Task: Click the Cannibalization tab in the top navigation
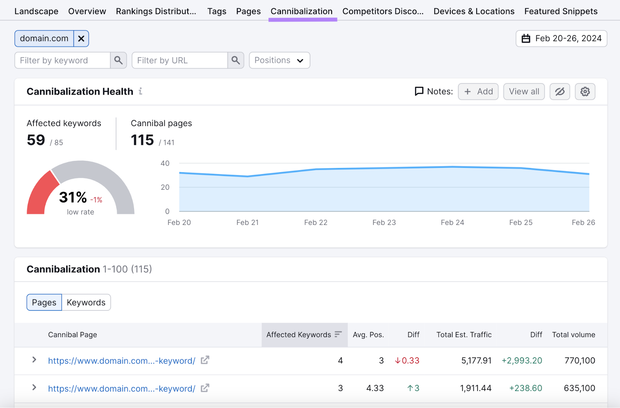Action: [301, 12]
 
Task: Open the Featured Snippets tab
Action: [561, 12]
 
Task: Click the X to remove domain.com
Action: [81, 39]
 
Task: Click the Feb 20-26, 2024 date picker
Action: [561, 39]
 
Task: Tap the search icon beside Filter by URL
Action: [236, 61]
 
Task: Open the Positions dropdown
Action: [279, 61]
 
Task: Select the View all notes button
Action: [524, 92]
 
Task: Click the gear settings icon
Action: [585, 92]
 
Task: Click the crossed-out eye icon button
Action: [560, 92]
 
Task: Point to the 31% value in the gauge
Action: [73, 197]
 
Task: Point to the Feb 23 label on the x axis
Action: [384, 223]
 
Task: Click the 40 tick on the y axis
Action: [165, 163]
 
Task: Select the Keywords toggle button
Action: [86, 303]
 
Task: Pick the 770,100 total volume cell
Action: [580, 361]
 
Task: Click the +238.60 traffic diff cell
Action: [525, 388]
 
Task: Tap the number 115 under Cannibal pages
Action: [142, 140]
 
